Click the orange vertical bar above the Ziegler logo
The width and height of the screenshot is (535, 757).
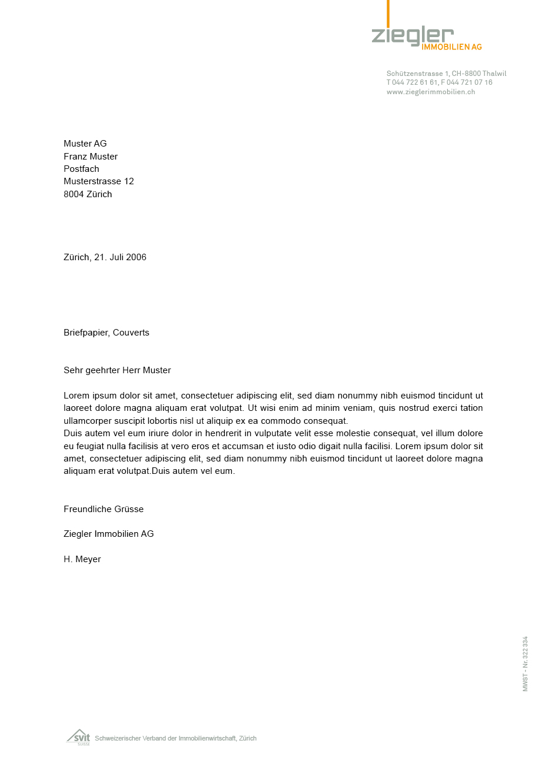pos(388,13)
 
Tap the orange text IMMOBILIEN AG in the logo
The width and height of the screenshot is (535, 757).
pos(451,47)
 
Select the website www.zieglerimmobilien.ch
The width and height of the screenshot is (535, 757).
pos(431,92)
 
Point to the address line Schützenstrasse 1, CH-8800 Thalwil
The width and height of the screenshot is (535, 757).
pos(446,74)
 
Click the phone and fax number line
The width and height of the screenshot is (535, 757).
pos(439,82)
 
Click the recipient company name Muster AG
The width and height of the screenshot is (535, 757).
pos(85,144)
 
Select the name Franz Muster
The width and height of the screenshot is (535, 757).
pos(91,157)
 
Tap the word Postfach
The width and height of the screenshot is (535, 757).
pos(81,169)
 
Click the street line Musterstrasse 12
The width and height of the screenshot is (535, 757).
pos(99,181)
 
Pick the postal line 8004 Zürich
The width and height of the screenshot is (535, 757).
pos(88,194)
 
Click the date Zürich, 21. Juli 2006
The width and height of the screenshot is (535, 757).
pos(105,257)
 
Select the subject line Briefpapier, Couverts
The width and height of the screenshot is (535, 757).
pos(107,333)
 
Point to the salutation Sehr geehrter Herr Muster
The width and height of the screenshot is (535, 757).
pos(117,370)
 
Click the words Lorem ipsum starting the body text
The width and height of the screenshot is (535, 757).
pos(90,396)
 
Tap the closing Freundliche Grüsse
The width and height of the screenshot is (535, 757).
pos(104,509)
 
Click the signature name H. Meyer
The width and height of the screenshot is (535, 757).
pos(82,559)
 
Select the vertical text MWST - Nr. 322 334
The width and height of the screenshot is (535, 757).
pos(525,663)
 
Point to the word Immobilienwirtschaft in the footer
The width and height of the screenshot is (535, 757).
pos(208,738)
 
